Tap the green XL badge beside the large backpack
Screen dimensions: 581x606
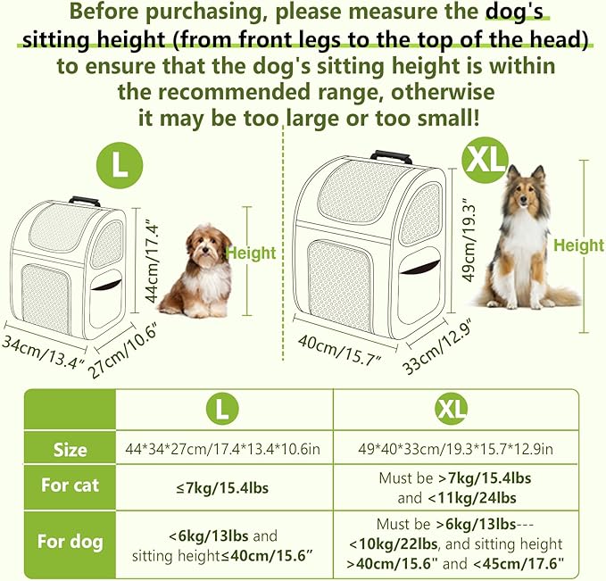coord(487,162)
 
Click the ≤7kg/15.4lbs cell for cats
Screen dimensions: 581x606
coord(224,487)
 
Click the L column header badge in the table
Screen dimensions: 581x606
coord(223,410)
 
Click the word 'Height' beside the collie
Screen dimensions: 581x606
coord(578,245)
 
